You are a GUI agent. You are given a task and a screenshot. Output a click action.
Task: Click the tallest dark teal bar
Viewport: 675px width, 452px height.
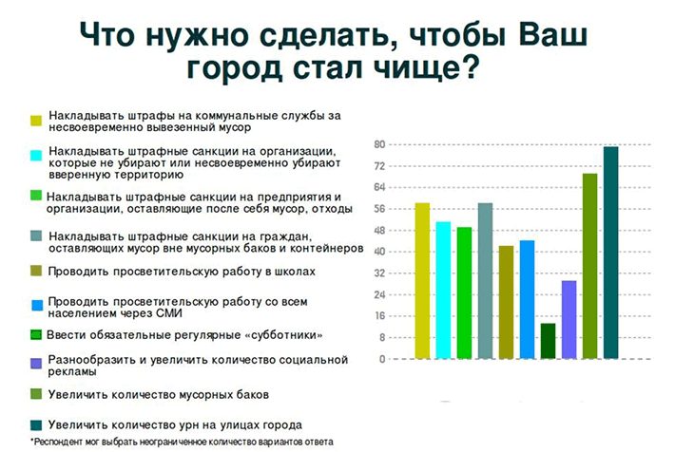611,253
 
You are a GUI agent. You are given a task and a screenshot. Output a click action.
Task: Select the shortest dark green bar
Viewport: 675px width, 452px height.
548,341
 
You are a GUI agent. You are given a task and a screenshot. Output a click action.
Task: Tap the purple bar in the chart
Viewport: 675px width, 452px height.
569,320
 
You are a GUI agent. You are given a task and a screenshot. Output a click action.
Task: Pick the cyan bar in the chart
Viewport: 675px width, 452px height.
443,291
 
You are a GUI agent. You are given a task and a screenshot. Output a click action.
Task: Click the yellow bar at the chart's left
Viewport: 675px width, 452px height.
422,281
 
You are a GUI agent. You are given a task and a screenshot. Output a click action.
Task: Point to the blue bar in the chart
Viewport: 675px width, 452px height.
528,299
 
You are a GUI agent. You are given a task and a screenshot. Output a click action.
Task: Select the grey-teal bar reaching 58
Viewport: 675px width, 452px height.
485,281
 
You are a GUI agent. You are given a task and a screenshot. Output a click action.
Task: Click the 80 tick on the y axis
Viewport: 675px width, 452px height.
379,144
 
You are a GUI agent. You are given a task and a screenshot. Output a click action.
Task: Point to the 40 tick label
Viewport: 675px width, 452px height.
379,252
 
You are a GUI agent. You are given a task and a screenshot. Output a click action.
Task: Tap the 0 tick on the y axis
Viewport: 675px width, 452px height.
382,359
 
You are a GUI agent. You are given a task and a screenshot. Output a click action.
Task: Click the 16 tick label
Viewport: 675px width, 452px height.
379,315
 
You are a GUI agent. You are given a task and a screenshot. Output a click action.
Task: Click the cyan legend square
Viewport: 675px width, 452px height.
36,155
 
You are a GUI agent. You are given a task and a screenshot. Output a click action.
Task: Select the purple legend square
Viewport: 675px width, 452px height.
36,364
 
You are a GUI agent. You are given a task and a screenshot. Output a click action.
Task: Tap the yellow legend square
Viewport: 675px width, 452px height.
36,121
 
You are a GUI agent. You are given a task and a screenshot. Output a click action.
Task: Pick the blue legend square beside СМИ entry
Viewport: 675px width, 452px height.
37,305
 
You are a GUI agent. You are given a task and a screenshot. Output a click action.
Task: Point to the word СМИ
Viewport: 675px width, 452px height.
169,313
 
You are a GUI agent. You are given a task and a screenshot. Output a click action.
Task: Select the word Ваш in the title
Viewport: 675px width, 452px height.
552,34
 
